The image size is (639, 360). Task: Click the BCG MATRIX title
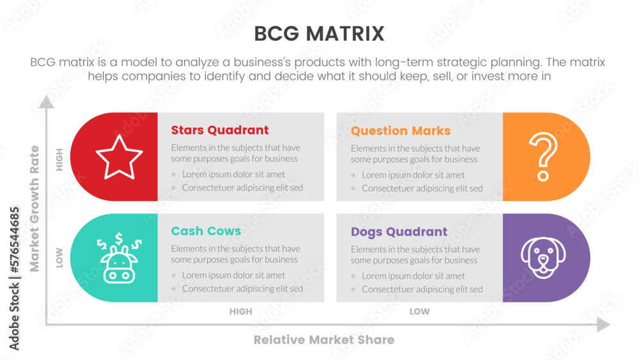tap(319, 33)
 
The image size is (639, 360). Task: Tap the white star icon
tap(119, 157)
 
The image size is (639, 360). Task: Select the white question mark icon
tap(543, 157)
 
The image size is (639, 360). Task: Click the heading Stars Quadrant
tap(220, 130)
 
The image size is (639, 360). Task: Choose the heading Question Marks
tap(401, 131)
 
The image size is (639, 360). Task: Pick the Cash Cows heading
tap(206, 231)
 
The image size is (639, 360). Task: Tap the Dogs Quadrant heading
tap(399, 231)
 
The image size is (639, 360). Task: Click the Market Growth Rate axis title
tap(35, 208)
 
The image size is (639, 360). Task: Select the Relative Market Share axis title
tap(324, 340)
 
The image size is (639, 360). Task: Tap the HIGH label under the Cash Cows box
tap(241, 312)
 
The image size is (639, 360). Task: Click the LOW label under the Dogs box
tap(420, 312)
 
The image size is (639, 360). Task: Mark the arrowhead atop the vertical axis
tap(46, 101)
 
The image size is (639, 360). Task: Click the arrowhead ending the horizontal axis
tap(603, 325)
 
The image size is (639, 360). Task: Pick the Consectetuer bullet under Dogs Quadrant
tap(422, 290)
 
